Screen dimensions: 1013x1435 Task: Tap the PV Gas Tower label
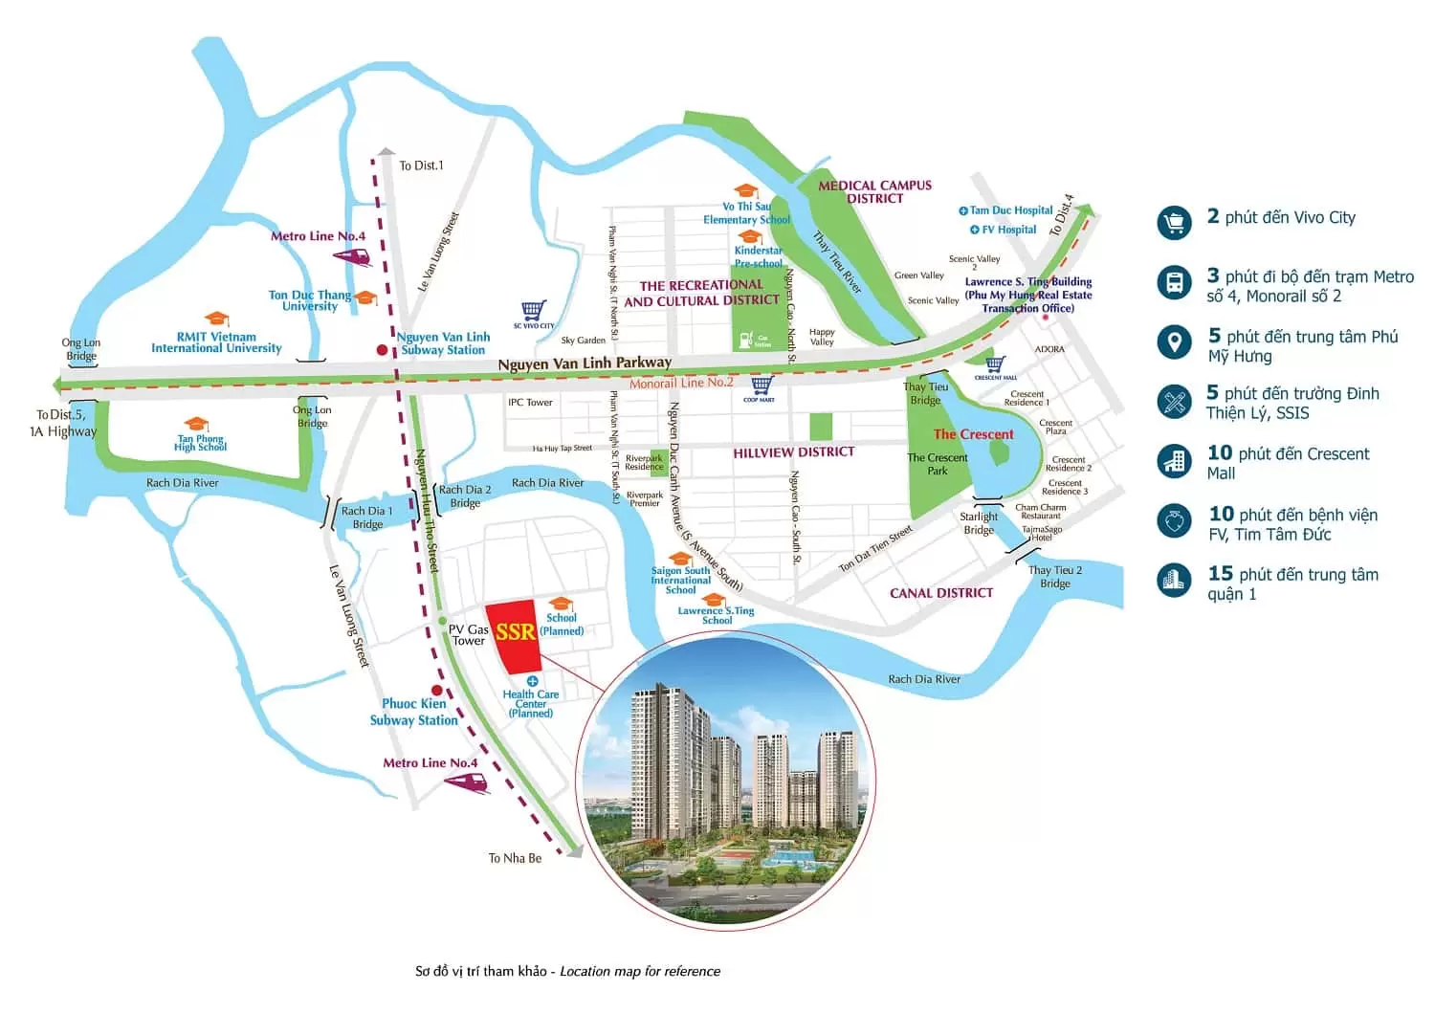point(469,635)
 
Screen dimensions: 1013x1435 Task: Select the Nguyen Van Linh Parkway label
point(585,363)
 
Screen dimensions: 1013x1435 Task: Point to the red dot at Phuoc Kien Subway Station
point(437,690)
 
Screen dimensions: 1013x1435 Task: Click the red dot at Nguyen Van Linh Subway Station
point(383,350)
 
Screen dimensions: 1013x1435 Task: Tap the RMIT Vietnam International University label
point(216,342)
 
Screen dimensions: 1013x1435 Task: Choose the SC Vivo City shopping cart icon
point(534,311)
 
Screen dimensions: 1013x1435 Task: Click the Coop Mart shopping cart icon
point(761,385)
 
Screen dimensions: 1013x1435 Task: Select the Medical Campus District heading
point(874,191)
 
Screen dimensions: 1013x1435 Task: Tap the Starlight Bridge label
point(979,523)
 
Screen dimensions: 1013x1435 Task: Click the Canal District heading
point(941,593)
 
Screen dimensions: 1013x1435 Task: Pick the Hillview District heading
point(794,452)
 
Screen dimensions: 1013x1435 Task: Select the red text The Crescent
point(973,434)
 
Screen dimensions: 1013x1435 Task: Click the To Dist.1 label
point(421,165)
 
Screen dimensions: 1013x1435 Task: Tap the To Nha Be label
point(515,858)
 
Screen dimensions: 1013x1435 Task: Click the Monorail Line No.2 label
point(681,383)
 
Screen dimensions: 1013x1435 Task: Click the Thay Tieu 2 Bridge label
point(1055,576)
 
